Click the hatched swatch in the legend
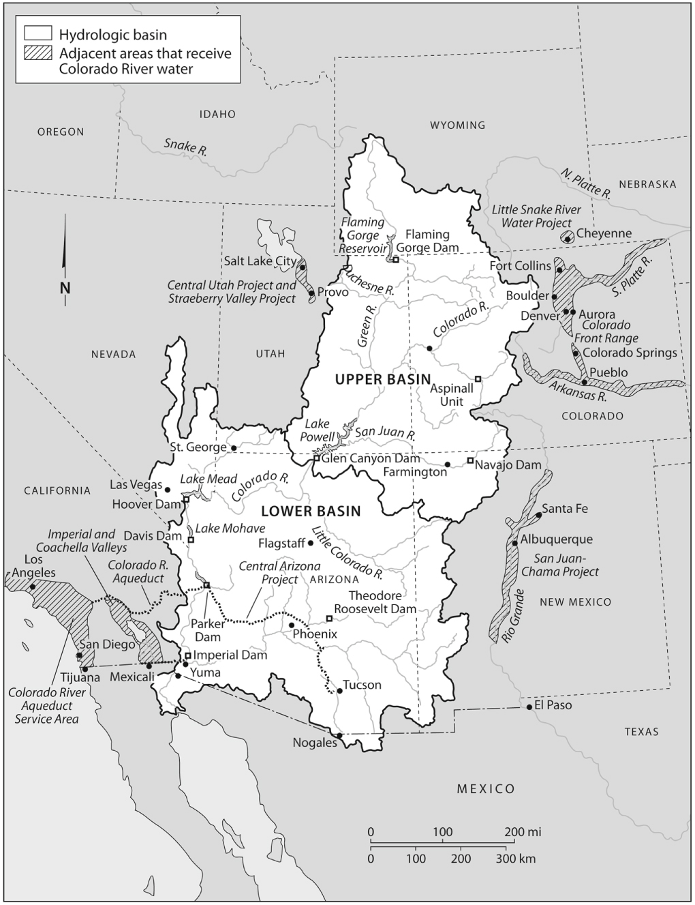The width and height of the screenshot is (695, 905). click(x=37, y=54)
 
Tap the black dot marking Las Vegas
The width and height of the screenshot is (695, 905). click(x=168, y=490)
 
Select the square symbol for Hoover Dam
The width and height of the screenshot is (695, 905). click(x=185, y=500)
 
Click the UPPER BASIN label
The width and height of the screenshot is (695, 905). click(x=383, y=379)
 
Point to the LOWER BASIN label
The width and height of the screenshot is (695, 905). click(x=310, y=511)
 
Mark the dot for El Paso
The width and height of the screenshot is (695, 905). click(x=529, y=707)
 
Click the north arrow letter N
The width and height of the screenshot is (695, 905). click(x=65, y=288)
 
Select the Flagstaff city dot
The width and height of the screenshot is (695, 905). click(x=311, y=544)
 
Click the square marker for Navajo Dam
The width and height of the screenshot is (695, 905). click(x=470, y=461)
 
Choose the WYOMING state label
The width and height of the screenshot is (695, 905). click(x=457, y=125)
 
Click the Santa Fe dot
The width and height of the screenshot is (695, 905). click(x=538, y=515)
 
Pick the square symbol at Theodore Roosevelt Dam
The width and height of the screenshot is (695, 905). click(x=329, y=619)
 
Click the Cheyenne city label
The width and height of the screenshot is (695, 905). click(x=604, y=233)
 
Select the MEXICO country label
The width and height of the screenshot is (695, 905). click(x=486, y=789)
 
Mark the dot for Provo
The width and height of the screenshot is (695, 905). click(x=311, y=293)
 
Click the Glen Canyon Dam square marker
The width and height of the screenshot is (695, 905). click(x=317, y=458)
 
